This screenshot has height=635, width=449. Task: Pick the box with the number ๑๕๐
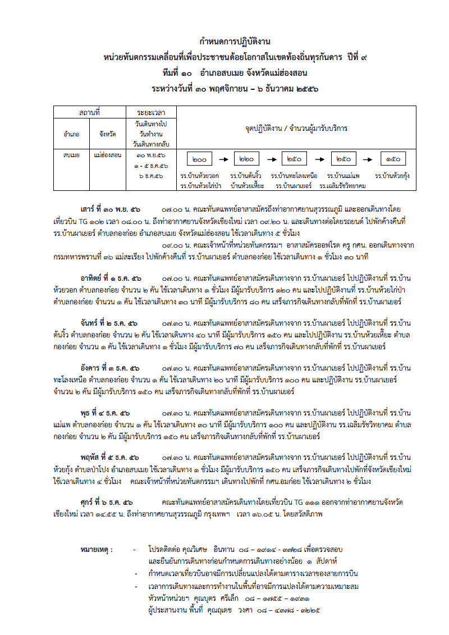click(392, 160)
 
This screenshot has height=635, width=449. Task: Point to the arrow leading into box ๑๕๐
click(368, 160)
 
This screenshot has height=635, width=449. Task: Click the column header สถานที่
click(89, 113)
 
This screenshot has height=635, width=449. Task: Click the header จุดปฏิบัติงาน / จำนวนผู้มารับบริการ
click(296, 129)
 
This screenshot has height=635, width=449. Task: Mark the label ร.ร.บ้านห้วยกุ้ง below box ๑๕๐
click(392, 176)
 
